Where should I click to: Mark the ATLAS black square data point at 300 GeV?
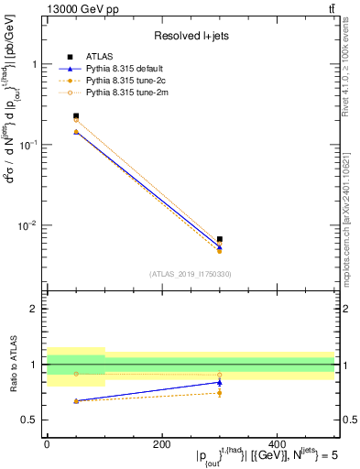click(x=220, y=239)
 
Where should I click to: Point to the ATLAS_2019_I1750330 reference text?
click(x=191, y=274)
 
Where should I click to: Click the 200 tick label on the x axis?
click(x=162, y=442)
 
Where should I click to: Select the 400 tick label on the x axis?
click(x=278, y=442)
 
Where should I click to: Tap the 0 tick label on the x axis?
click(x=47, y=442)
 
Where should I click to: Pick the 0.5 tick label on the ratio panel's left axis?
click(x=29, y=420)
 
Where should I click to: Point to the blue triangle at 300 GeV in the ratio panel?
click(x=220, y=382)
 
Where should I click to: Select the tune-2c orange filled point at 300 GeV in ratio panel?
click(x=220, y=393)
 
